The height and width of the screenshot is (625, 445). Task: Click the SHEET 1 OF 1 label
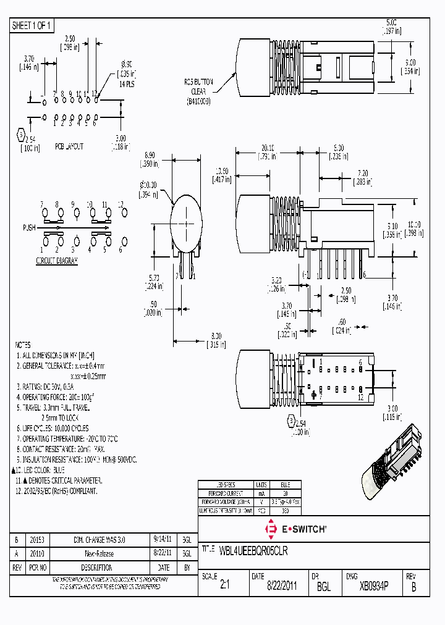(x=32, y=26)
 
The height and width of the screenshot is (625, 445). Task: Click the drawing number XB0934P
(x=374, y=586)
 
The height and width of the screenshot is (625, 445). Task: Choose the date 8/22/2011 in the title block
(x=281, y=586)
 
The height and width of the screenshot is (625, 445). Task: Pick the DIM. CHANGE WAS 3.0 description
(x=99, y=539)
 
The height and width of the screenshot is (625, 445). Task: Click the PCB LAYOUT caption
(x=69, y=147)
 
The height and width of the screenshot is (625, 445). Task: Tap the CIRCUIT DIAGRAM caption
(x=57, y=261)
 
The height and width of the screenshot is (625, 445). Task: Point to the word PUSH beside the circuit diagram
(x=30, y=228)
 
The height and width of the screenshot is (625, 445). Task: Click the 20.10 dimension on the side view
(x=268, y=148)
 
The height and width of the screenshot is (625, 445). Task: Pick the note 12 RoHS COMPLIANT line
(x=56, y=491)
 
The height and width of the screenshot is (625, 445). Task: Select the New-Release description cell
(x=99, y=553)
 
